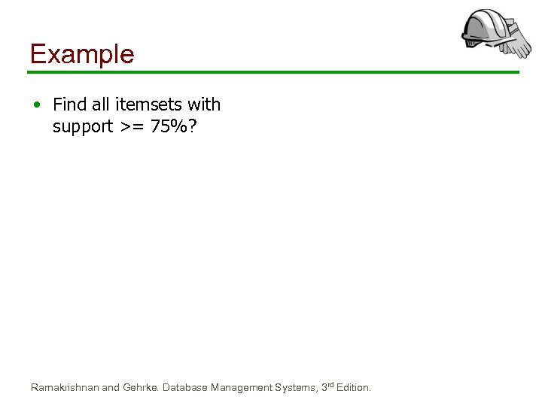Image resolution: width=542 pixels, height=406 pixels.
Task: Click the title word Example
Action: point(81,54)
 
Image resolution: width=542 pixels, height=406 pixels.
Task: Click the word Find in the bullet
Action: point(70,105)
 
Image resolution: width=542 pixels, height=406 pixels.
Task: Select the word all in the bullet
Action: point(102,105)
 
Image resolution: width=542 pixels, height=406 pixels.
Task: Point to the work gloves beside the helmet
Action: point(516,41)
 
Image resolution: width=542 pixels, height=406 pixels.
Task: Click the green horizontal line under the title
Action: point(273,72)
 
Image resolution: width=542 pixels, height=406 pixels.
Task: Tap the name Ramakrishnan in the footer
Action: point(65,388)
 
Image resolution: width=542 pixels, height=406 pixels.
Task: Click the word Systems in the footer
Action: point(295,388)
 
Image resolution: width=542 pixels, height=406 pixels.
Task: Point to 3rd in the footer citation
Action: point(327,387)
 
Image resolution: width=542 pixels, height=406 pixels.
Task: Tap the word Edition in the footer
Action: point(353,388)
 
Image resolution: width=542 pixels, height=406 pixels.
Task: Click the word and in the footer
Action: point(111,388)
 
